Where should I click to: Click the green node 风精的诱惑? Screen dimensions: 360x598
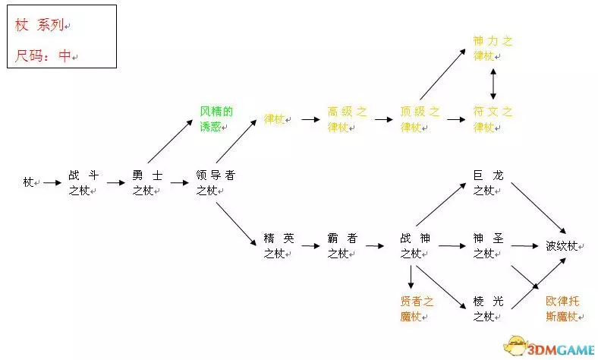216,119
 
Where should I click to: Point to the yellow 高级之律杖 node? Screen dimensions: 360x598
347,119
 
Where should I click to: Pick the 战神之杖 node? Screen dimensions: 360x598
414,246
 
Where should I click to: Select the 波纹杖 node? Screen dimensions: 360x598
562,246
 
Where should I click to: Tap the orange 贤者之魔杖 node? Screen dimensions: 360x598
417,308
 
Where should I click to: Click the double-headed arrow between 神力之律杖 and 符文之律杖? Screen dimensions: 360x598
493,84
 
